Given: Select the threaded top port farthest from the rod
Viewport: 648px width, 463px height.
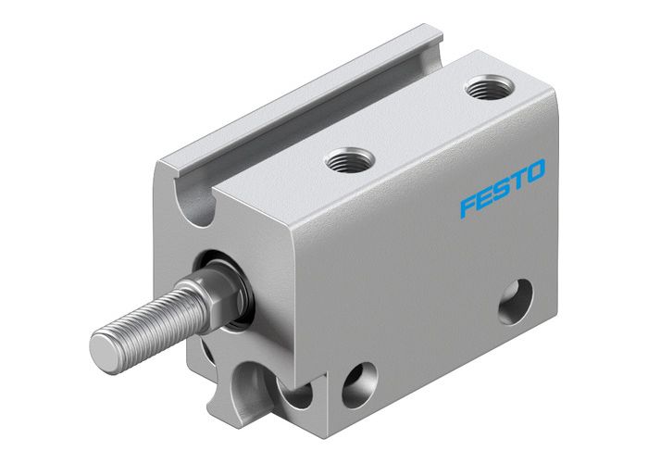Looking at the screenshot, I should [482, 90].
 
